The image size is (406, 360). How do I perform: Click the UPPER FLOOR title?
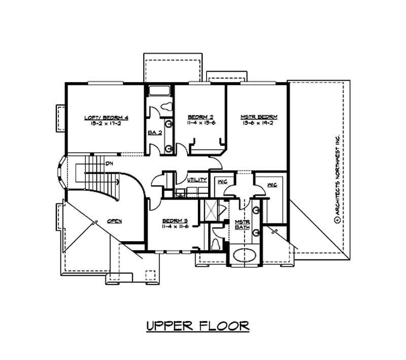tap(197, 325)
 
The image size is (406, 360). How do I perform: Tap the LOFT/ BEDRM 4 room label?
tap(106, 118)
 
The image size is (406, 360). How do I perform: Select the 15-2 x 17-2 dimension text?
tap(106, 124)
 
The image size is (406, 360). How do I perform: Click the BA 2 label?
tap(154, 133)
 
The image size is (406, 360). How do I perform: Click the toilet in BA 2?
tap(165, 107)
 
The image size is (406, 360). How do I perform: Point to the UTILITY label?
tap(197, 180)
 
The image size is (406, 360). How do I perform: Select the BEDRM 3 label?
tap(175, 220)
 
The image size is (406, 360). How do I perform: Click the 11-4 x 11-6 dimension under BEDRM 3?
tap(175, 226)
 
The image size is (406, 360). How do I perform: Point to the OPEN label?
tap(114, 221)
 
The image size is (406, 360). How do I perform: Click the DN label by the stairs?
tap(109, 163)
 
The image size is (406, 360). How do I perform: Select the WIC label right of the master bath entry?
tap(272, 185)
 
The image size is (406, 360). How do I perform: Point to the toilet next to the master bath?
tap(217, 243)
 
